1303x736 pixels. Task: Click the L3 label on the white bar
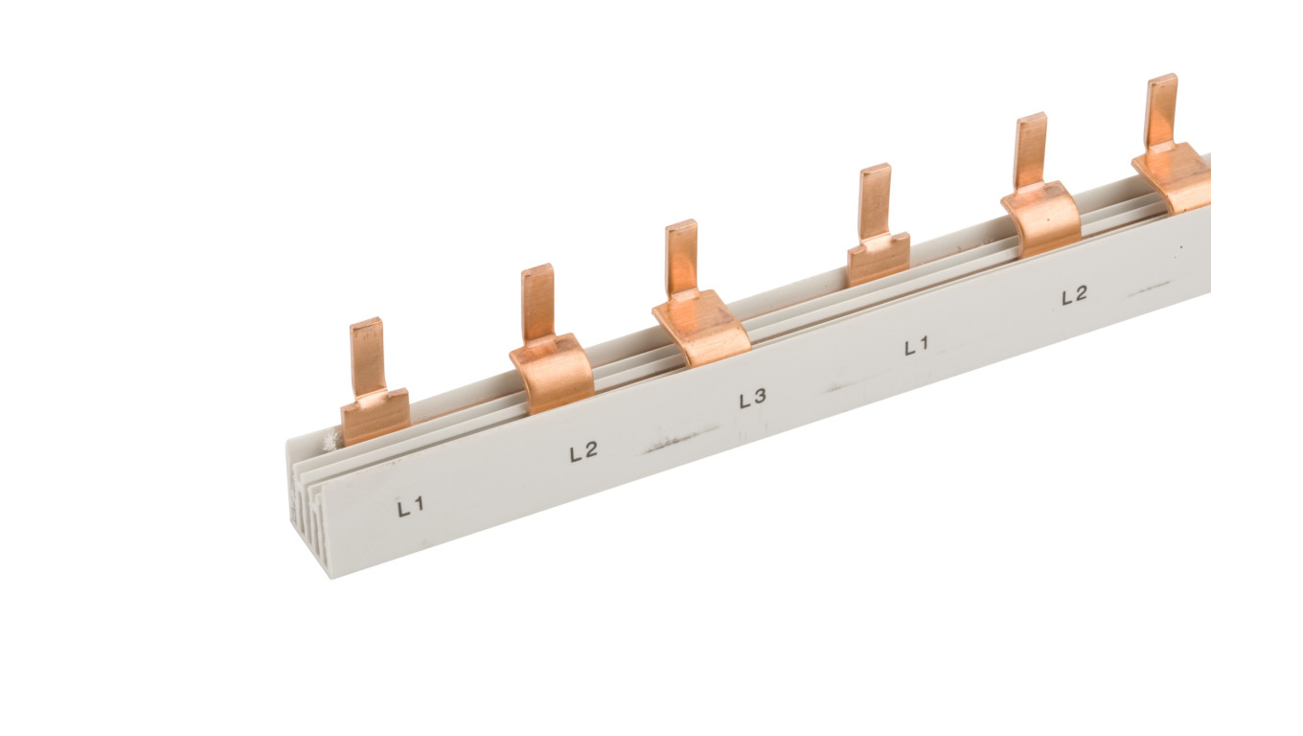[x=752, y=399]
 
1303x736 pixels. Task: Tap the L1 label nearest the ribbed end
[x=411, y=507]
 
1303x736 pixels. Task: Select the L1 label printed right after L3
[x=917, y=346]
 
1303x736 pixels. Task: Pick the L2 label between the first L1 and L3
[x=583, y=451]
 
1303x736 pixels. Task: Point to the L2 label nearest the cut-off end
[x=1074, y=295]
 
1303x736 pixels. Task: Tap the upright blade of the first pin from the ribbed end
[x=366, y=356]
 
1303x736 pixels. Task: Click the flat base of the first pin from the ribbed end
[x=376, y=416]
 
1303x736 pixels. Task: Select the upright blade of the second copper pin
[x=537, y=303]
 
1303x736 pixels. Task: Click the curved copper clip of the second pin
[x=553, y=373]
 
